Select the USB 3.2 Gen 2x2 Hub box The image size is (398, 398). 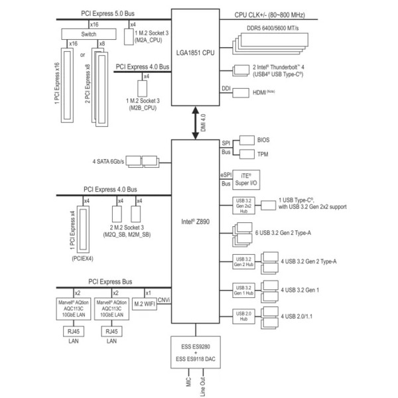243,206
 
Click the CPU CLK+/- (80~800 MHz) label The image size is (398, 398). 279,15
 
